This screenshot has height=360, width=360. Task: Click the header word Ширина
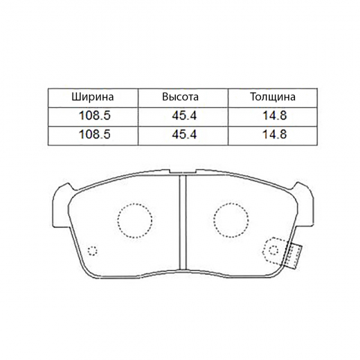pos(91,98)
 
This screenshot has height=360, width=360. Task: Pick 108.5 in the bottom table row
pos(91,134)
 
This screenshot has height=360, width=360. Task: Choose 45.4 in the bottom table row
pos(183,134)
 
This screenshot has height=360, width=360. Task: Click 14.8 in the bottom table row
pos(273,134)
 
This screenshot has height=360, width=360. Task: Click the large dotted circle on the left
pos(134,222)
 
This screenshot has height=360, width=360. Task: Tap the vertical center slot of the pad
pos(183,222)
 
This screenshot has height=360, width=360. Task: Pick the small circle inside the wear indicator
pos(273,251)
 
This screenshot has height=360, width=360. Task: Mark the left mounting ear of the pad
pos(58,201)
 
